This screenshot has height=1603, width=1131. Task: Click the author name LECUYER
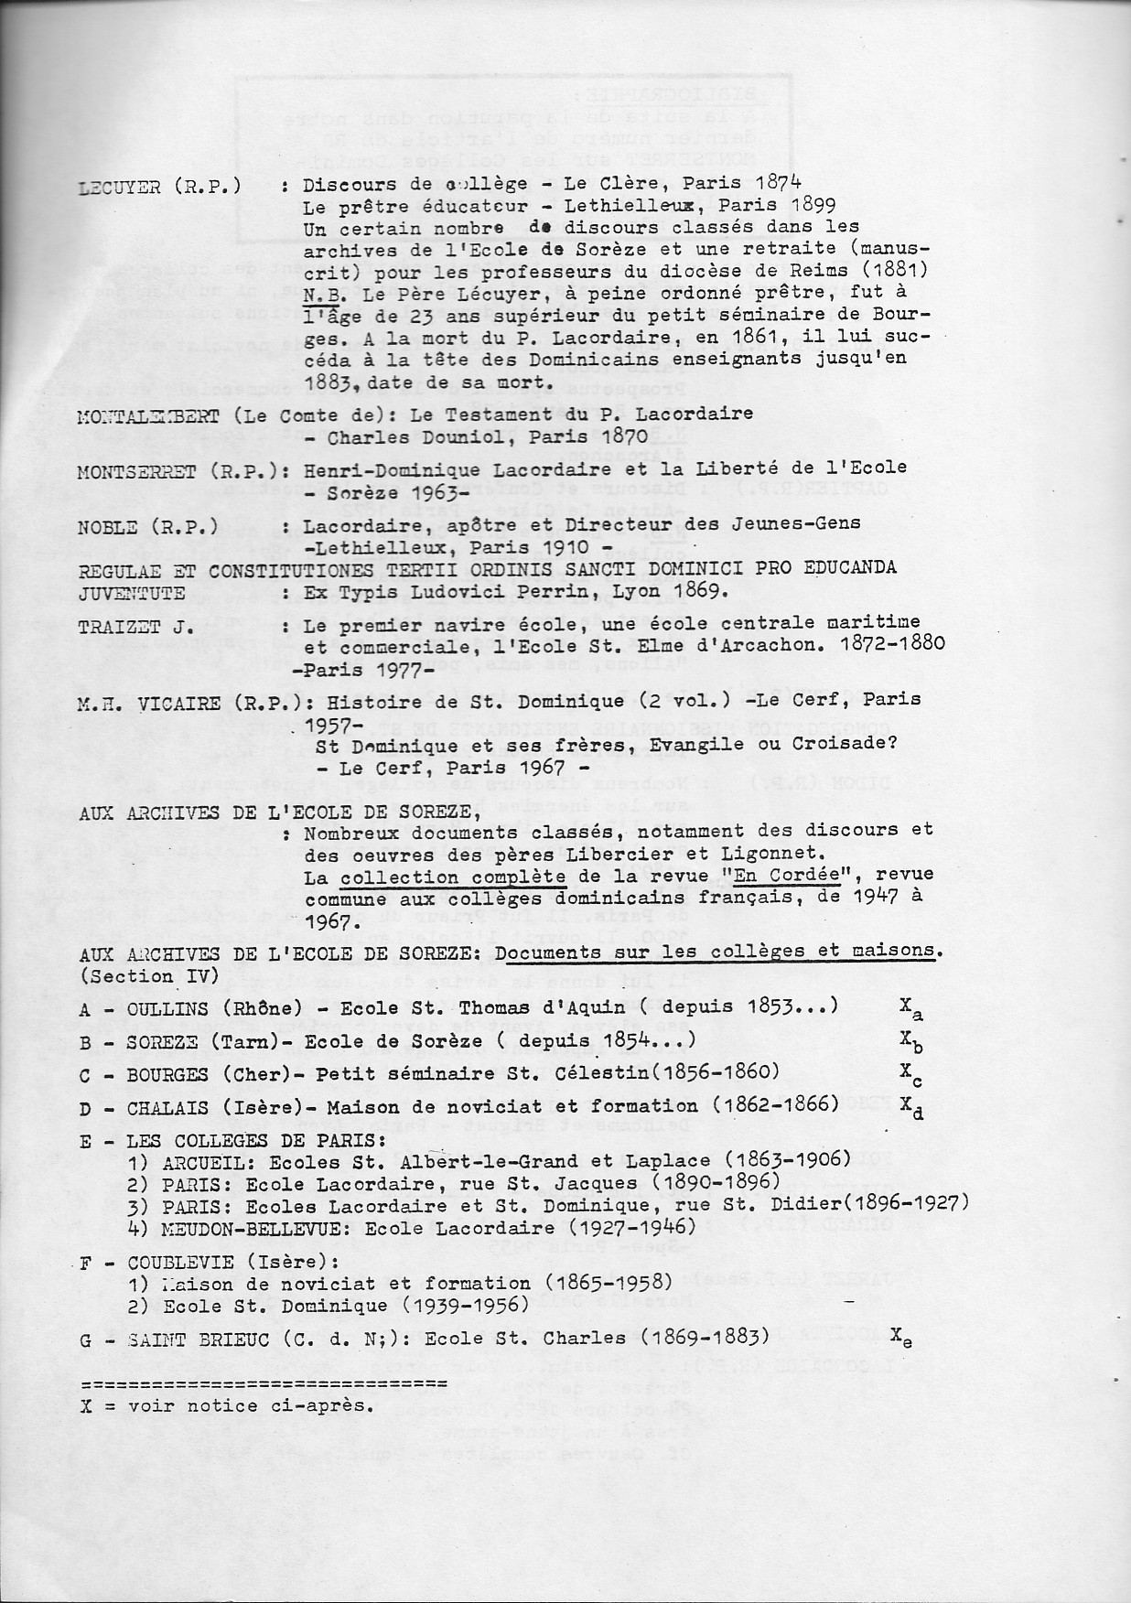(121, 187)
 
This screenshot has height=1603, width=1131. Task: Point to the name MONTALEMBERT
(146, 415)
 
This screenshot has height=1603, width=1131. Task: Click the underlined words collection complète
(453, 877)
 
